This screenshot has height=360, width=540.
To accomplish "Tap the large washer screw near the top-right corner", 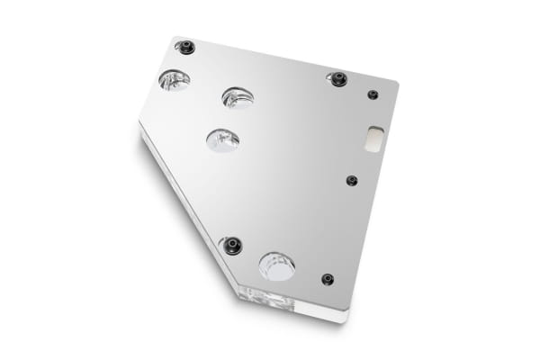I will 338,79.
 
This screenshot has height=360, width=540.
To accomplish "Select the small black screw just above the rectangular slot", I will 373,94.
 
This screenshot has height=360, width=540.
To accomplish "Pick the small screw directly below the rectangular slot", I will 352,180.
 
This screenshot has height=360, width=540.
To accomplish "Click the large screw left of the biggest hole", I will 232,245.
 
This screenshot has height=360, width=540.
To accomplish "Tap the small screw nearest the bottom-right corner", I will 327,279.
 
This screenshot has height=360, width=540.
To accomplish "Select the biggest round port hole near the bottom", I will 276,265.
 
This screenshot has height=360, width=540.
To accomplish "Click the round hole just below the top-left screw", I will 174,80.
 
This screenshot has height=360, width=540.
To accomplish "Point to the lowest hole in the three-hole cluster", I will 222,139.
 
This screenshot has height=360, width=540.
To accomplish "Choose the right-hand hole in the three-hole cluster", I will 238,97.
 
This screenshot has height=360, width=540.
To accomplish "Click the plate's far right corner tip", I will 398,85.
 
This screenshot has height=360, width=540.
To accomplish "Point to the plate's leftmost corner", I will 139,123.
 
